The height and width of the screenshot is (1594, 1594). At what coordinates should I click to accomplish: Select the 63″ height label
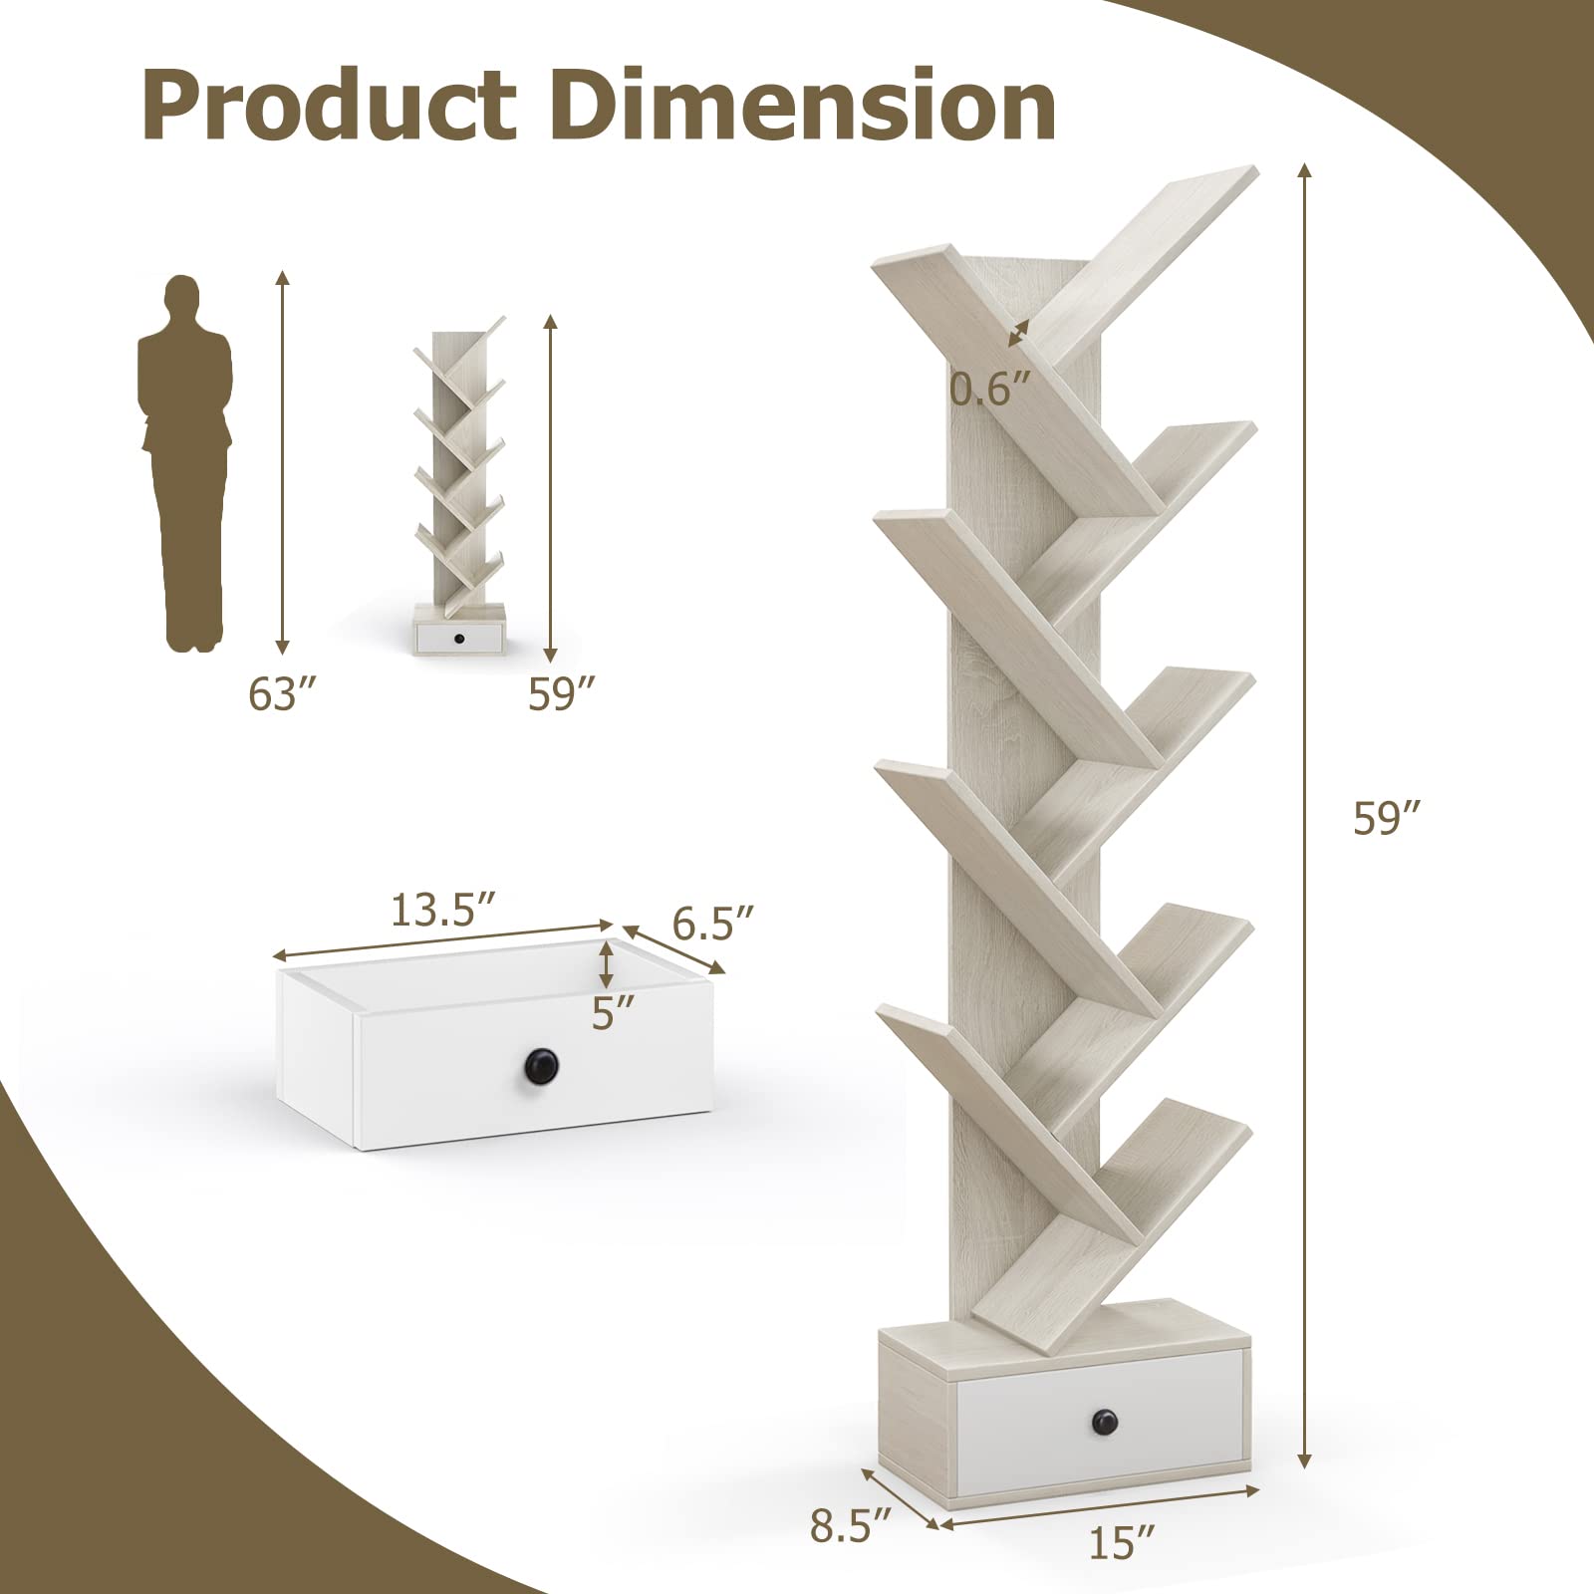[275, 695]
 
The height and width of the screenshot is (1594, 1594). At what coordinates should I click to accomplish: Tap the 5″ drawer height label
[613, 1013]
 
